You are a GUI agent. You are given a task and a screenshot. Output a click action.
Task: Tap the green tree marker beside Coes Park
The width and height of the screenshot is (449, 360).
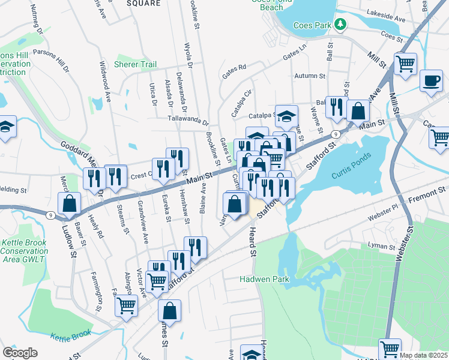tap(341, 24)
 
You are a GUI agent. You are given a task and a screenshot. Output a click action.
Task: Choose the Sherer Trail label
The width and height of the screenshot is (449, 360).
tap(135, 64)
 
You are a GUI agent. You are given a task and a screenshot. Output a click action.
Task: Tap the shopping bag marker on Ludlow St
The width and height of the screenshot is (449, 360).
tap(70, 203)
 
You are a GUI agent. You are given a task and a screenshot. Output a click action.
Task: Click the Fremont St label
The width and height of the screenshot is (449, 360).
tap(429, 191)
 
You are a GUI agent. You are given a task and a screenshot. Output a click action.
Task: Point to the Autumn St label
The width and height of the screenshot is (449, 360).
tap(310, 76)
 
